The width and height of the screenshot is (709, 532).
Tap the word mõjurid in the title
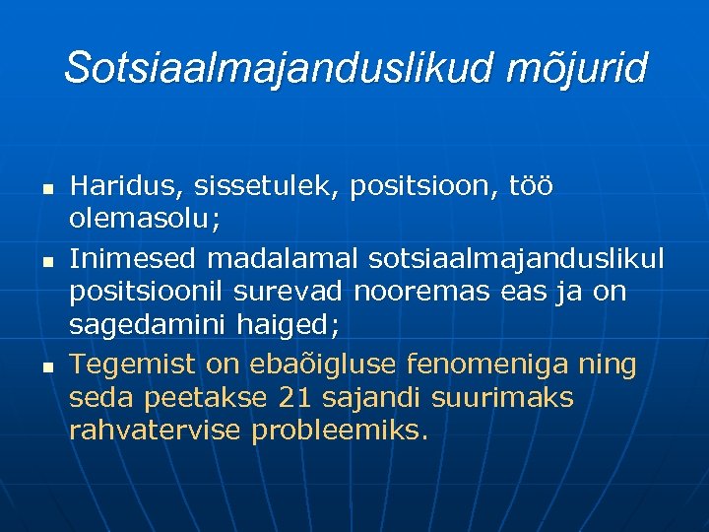[x=579, y=69]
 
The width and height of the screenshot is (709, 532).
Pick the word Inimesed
[x=133, y=257]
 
